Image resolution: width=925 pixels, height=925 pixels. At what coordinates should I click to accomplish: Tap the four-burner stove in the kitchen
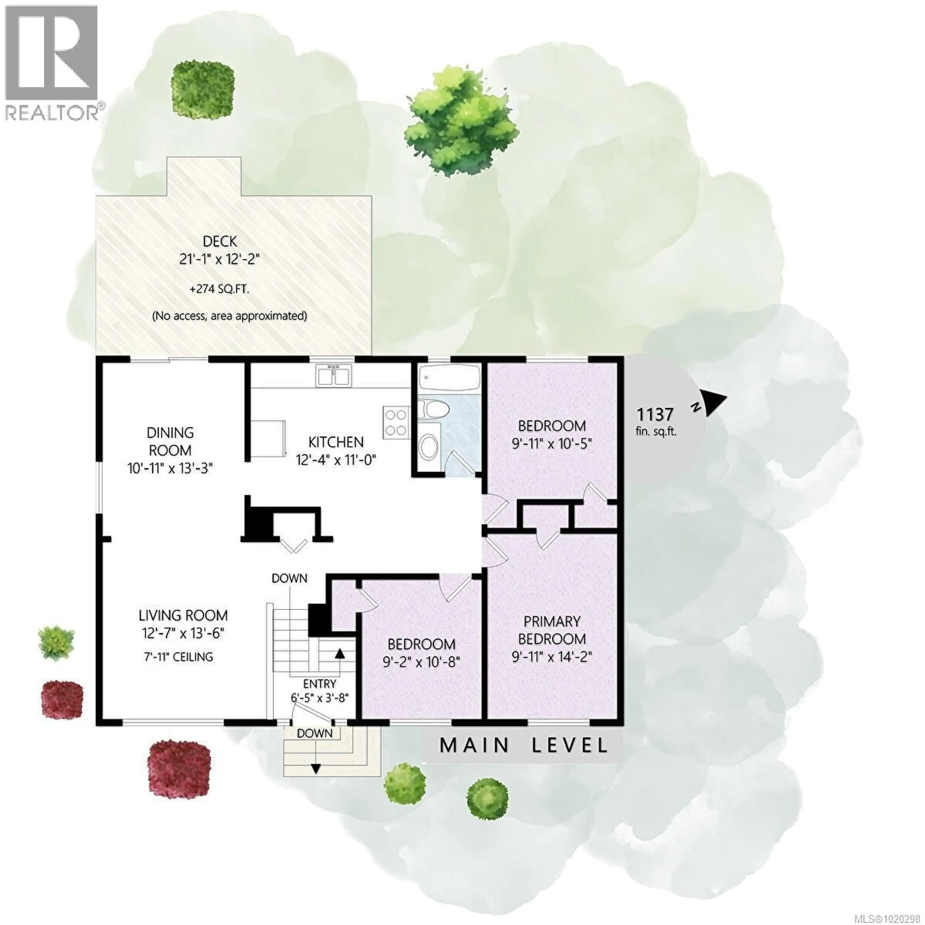(x=396, y=422)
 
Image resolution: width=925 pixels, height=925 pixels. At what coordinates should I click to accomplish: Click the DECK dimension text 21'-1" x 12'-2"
(x=220, y=260)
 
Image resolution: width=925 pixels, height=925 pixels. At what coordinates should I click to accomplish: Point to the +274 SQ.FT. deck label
(x=220, y=290)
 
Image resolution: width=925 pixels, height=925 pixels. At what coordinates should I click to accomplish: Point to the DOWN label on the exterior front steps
(x=315, y=733)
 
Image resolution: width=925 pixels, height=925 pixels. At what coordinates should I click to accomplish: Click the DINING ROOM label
(x=170, y=442)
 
